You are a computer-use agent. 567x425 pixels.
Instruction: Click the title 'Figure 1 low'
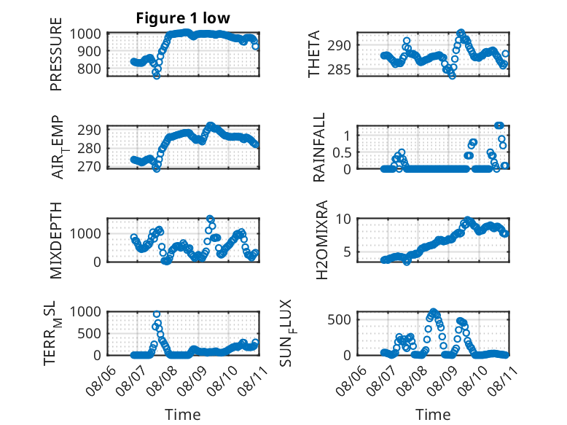[183, 18]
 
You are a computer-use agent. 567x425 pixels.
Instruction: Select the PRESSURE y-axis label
[56, 54]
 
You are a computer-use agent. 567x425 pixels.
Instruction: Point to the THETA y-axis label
[314, 54]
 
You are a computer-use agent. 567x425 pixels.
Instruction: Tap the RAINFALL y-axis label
[319, 147]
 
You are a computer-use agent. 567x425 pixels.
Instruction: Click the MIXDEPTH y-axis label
[56, 240]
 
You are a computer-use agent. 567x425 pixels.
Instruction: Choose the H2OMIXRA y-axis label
[321, 240]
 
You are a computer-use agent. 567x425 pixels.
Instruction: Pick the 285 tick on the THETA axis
[339, 69]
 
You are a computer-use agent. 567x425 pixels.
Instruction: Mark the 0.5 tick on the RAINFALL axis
[342, 152]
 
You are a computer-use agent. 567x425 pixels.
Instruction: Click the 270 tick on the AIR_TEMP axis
[89, 166]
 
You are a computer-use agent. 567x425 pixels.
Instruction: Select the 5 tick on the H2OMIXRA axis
[348, 252]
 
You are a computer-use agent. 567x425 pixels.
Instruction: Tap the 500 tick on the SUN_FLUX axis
[339, 319]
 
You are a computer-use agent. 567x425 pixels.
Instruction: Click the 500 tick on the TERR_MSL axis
[89, 333]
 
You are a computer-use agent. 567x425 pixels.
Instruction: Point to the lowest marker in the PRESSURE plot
[157, 75]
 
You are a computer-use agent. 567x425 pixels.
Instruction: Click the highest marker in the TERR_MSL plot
[157, 314]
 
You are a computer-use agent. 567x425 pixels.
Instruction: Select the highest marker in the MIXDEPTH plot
[210, 219]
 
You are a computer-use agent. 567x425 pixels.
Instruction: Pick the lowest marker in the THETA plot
[452, 75]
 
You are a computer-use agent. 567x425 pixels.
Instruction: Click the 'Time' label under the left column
[183, 414]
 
